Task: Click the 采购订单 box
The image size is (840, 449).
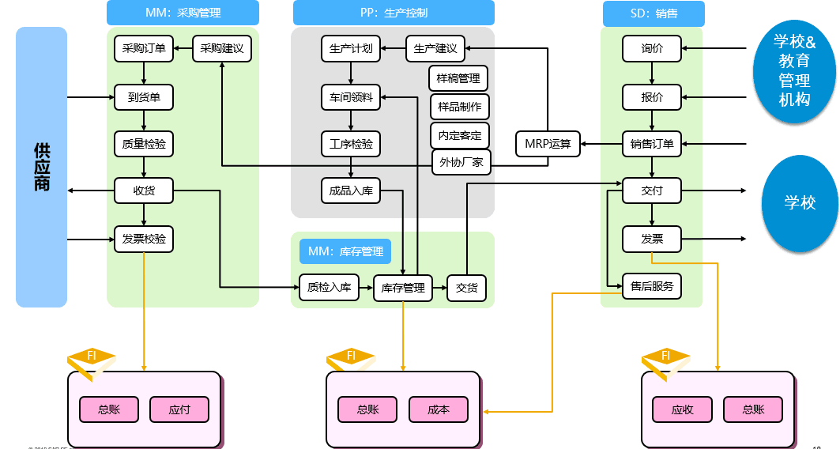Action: point(144,48)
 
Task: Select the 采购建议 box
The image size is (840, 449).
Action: point(222,48)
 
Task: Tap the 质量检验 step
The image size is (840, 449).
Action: point(144,144)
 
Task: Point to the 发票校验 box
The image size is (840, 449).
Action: point(144,238)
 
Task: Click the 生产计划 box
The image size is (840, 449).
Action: point(351,48)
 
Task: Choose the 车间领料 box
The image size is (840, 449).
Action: point(351,98)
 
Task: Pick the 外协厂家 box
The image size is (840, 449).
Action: point(461,163)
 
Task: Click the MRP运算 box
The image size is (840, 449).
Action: point(548,144)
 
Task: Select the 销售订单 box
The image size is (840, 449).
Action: point(652,144)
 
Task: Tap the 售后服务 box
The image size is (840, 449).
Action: point(652,286)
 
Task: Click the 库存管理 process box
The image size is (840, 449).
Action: point(403,288)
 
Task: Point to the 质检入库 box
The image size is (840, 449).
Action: point(329,288)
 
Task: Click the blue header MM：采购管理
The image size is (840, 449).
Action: point(183,13)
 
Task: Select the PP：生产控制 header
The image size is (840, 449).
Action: point(394,13)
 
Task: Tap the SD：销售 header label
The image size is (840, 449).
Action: point(654,13)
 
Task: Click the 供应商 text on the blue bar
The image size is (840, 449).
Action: point(42,167)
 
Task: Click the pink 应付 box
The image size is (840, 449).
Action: point(179,409)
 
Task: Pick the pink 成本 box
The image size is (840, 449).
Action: point(438,409)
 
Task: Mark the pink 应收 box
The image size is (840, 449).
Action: point(682,409)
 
